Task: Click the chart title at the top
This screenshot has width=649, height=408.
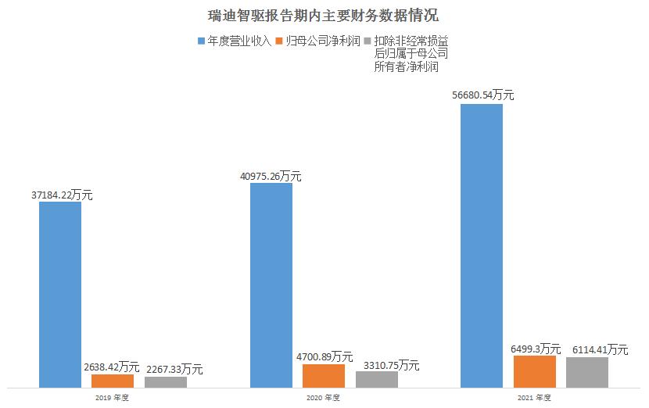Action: click(x=324, y=15)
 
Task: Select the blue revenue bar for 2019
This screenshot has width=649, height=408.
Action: click(x=60, y=294)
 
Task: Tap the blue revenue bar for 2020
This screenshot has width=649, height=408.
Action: click(x=271, y=285)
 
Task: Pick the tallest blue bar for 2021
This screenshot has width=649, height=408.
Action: click(x=482, y=245)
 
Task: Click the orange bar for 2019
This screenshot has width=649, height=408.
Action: click(x=113, y=381)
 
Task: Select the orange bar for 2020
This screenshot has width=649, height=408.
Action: click(x=324, y=375)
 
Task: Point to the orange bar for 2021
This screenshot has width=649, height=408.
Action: click(x=535, y=371)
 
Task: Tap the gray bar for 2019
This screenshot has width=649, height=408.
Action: click(x=166, y=381)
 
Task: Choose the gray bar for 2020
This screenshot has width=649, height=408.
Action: click(x=377, y=379)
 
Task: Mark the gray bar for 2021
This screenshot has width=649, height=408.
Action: click(x=587, y=372)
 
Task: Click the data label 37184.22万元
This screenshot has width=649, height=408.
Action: click(x=60, y=195)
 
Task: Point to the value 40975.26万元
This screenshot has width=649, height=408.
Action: click(x=271, y=176)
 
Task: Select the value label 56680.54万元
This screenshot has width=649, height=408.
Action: click(x=482, y=95)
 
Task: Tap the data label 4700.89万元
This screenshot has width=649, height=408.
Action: click(x=323, y=357)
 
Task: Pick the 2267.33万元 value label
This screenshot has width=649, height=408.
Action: click(x=170, y=369)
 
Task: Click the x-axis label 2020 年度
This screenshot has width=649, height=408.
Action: click(x=324, y=398)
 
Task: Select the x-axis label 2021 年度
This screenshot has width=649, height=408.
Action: click(x=535, y=398)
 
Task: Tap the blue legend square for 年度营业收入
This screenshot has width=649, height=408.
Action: click(x=202, y=40)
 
